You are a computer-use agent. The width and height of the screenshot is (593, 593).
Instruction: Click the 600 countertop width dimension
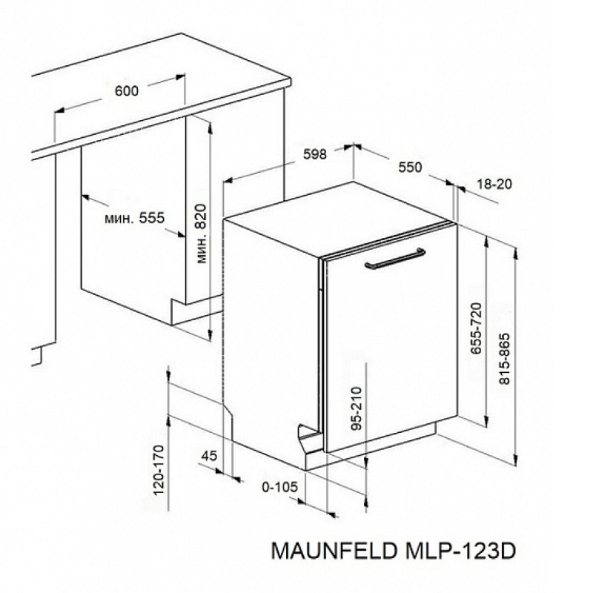tap(127, 91)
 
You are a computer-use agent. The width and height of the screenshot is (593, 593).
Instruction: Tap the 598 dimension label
tap(315, 154)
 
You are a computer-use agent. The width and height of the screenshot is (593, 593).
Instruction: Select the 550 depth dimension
tap(410, 168)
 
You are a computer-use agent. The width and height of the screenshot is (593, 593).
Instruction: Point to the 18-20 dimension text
tap(494, 184)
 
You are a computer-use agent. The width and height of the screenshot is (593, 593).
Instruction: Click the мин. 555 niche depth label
tap(134, 218)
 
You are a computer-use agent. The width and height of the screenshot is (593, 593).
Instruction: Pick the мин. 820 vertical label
tap(202, 233)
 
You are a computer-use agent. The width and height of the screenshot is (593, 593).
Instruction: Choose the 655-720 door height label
tap(476, 328)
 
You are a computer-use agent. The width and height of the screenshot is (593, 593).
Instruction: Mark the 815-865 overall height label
tap(505, 359)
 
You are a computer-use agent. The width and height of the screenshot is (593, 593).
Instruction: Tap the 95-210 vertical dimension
tap(357, 408)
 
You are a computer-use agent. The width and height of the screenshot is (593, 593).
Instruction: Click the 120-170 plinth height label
tap(159, 470)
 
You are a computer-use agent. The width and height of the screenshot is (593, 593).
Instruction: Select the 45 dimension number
tap(209, 456)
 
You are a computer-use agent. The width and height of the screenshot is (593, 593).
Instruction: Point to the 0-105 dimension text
tap(280, 487)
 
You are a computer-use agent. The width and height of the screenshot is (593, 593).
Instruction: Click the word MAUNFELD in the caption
tap(334, 551)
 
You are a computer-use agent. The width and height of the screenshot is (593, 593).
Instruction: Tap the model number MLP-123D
tap(460, 551)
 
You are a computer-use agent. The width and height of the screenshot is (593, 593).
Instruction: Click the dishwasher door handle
tap(395, 259)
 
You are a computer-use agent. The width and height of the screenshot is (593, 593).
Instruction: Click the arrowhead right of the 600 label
tap(180, 77)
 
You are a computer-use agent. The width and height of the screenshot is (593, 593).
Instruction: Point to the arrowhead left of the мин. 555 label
tap(87, 197)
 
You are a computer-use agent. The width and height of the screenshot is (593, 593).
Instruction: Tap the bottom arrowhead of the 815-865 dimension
tap(514, 460)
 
